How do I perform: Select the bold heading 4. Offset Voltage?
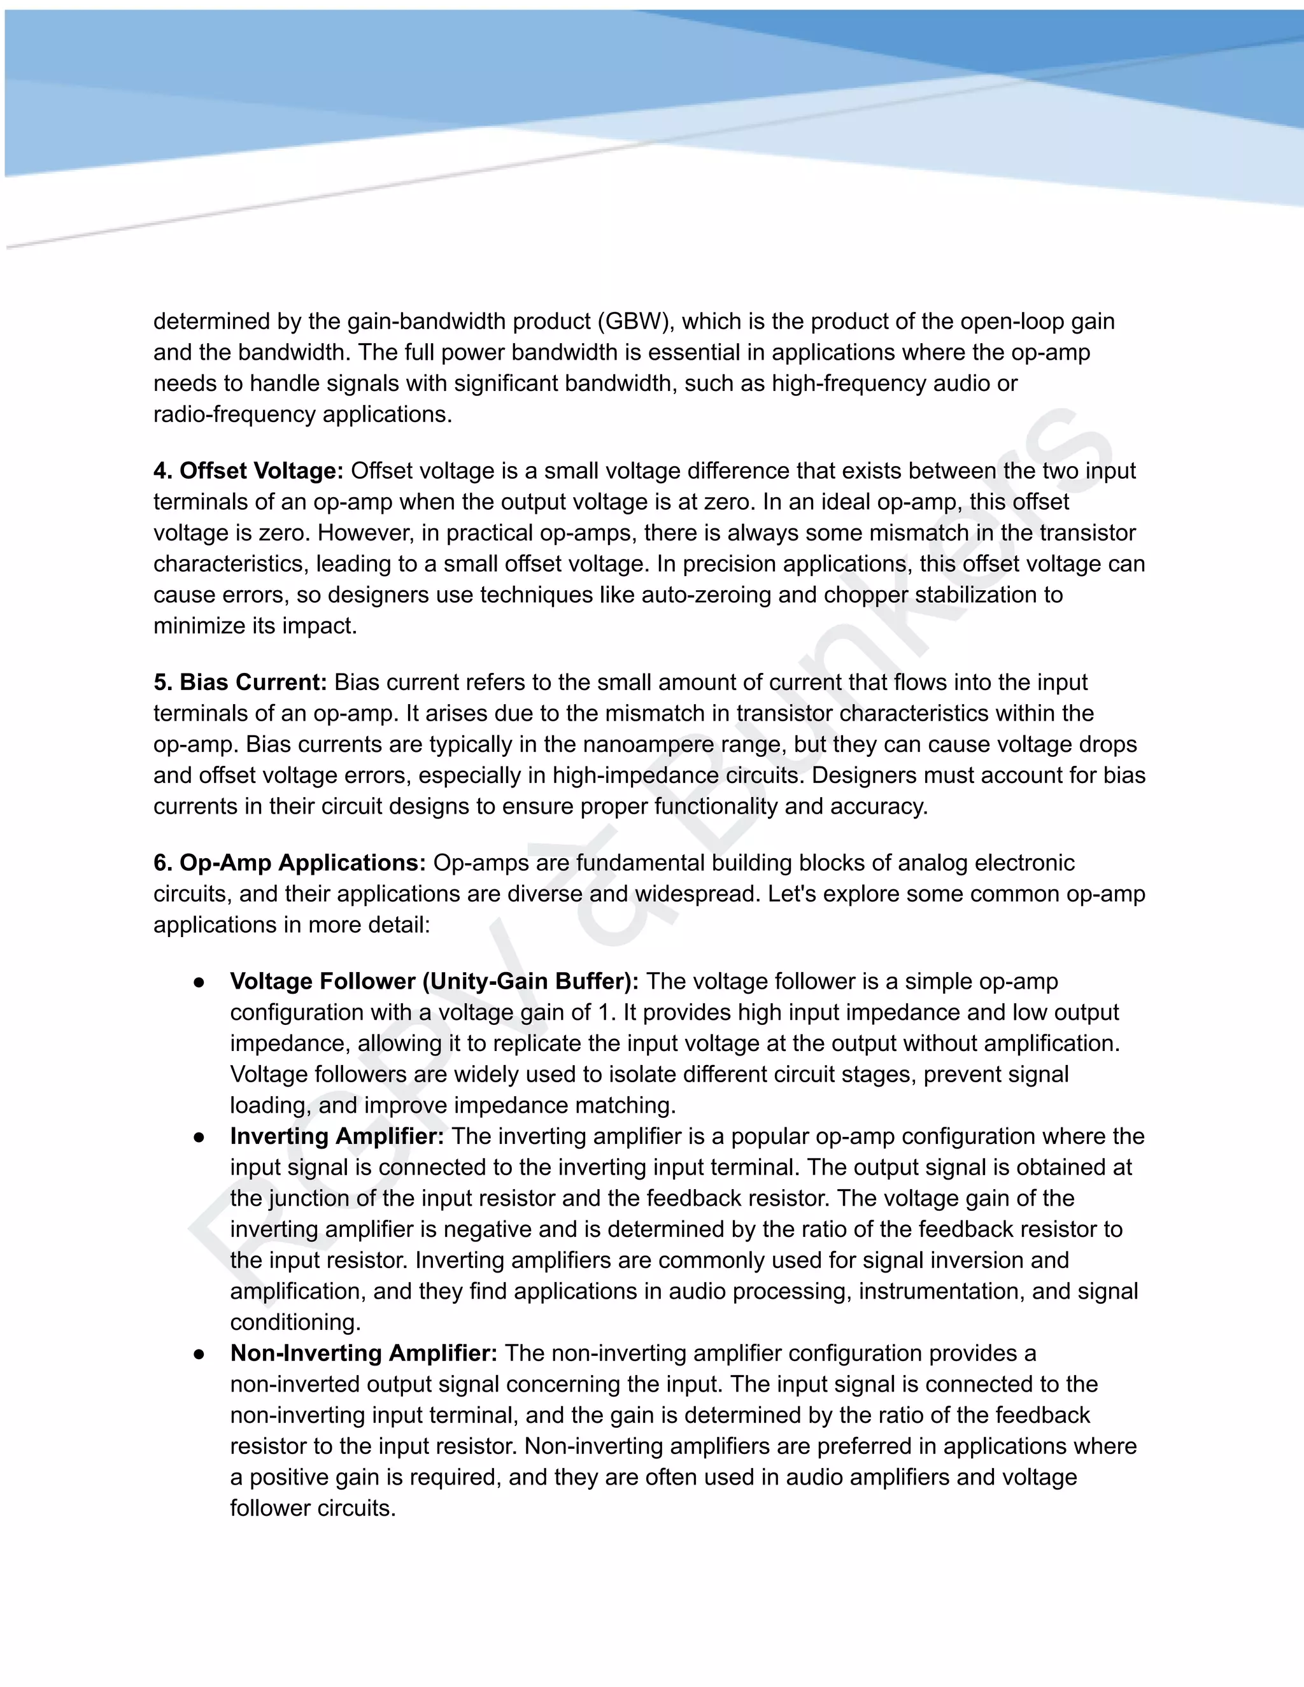(248, 470)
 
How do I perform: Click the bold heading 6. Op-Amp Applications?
(290, 863)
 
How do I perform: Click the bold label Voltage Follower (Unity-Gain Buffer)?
(434, 982)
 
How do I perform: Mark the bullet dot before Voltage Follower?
(199, 982)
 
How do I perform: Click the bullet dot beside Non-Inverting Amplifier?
(199, 1354)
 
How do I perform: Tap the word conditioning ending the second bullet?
(295, 1322)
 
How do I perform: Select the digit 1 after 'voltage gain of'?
(605, 1013)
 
